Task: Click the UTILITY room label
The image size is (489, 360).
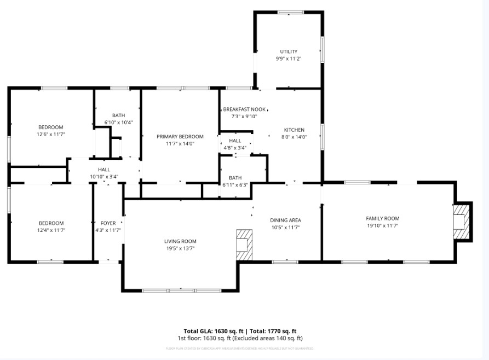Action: pyautogui.click(x=289, y=51)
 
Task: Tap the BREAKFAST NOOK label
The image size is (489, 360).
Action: pyautogui.click(x=244, y=109)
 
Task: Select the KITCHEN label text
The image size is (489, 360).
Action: pyautogui.click(x=294, y=130)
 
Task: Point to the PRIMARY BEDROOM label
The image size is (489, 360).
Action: pyautogui.click(x=180, y=137)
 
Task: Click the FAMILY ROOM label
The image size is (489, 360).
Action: pyautogui.click(x=383, y=218)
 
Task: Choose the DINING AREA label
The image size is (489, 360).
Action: pyautogui.click(x=285, y=220)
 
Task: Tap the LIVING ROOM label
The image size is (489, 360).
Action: pyautogui.click(x=180, y=241)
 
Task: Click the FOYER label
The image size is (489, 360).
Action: pyautogui.click(x=108, y=223)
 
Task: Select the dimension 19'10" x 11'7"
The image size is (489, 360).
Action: pyautogui.click(x=383, y=225)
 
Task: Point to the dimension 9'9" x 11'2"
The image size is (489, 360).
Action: pyautogui.click(x=289, y=59)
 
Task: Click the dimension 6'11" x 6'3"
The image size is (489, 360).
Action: pyautogui.click(x=235, y=185)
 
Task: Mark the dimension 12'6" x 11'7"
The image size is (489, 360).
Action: pyautogui.click(x=51, y=134)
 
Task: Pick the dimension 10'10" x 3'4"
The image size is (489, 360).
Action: pyautogui.click(x=104, y=177)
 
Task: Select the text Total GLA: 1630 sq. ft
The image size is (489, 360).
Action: pyautogui.click(x=214, y=331)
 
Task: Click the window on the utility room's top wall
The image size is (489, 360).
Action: pyautogui.click(x=290, y=12)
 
